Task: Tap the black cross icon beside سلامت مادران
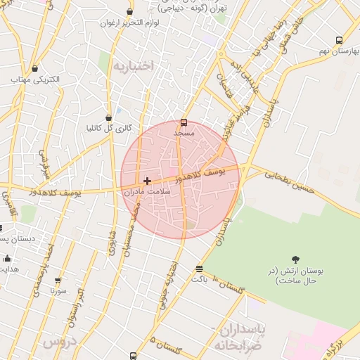tap(147, 181)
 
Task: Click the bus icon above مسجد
tap(184, 122)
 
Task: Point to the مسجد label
tap(184, 132)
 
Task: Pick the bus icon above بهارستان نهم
tap(340, 41)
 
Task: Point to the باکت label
tap(199, 278)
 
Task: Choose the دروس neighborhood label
tap(59, 343)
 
